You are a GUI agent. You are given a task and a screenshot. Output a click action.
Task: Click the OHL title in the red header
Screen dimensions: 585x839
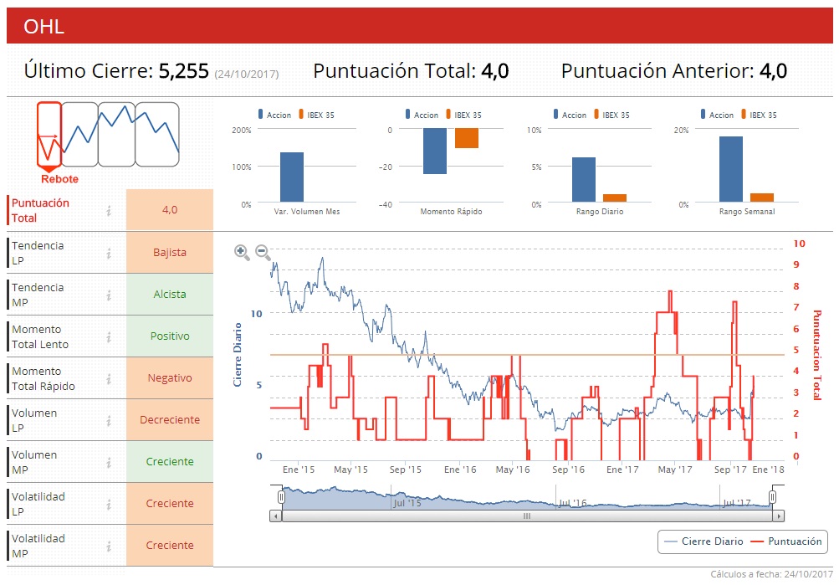[x=44, y=27]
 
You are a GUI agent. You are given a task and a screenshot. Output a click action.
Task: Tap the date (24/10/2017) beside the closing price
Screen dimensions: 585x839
[x=247, y=74]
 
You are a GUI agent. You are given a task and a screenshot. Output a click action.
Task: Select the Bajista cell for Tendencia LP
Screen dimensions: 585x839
[x=170, y=252]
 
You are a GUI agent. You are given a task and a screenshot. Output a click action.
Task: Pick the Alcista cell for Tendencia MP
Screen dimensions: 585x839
[x=170, y=294]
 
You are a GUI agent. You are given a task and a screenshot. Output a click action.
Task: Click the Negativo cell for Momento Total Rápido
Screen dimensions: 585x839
[x=170, y=377]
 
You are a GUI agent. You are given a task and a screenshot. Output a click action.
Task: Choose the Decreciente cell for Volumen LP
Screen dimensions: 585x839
[x=170, y=419]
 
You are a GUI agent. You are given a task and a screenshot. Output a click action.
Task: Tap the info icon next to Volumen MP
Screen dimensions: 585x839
[x=109, y=462]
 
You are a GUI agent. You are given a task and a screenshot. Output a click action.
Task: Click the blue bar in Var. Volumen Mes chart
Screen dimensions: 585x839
[x=291, y=177]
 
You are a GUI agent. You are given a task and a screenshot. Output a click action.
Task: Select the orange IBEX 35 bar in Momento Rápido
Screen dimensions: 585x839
[x=466, y=138]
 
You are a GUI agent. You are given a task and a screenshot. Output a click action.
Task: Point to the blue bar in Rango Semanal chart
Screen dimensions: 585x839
[x=730, y=169]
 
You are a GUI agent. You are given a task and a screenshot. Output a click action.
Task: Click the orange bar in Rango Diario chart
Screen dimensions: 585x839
[x=615, y=198]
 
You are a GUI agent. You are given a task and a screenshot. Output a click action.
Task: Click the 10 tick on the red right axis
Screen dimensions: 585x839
[x=799, y=244]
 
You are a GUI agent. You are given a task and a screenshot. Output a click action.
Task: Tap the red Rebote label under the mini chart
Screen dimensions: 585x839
[x=59, y=179]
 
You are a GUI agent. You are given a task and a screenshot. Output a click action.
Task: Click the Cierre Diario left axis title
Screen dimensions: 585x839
[x=237, y=354]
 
